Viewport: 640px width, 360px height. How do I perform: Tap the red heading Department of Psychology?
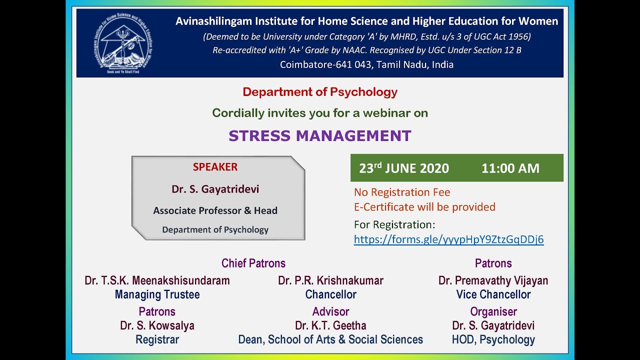(x=320, y=92)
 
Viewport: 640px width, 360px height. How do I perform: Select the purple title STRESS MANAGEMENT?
(x=320, y=136)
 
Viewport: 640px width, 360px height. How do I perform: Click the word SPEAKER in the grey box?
(x=215, y=167)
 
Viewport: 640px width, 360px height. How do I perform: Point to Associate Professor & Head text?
(x=215, y=210)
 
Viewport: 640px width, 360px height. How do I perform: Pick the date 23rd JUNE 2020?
(x=404, y=168)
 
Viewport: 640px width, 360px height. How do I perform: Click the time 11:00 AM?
(x=510, y=168)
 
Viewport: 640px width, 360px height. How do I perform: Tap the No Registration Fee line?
(x=402, y=192)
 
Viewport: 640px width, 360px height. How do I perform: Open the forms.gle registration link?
(x=448, y=239)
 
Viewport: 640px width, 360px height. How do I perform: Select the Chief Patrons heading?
(x=253, y=263)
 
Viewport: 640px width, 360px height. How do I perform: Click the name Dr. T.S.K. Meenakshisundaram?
(x=157, y=280)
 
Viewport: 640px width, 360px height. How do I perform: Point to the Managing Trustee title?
(x=157, y=294)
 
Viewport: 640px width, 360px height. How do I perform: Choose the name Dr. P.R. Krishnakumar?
(x=330, y=280)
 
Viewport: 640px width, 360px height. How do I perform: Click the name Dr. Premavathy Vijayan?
(x=493, y=280)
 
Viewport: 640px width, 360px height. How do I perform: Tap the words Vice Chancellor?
(x=493, y=294)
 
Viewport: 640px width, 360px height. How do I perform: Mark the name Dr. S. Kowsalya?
(x=157, y=325)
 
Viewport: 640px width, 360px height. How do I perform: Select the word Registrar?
(x=157, y=339)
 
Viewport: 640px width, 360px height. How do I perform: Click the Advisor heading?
(x=330, y=311)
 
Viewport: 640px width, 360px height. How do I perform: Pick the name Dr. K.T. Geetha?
(x=330, y=325)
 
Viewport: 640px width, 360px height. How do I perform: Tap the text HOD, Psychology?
(x=493, y=339)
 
